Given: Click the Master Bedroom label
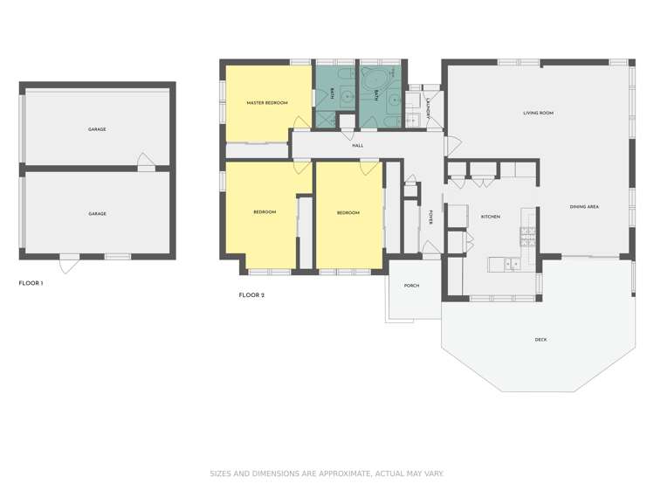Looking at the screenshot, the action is pyautogui.click(x=267, y=102).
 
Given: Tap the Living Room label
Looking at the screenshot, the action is pyautogui.click(x=538, y=113).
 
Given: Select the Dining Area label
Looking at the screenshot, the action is pyautogui.click(x=584, y=206).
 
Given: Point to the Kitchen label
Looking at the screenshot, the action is pyautogui.click(x=491, y=217).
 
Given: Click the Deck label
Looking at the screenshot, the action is pyautogui.click(x=541, y=340).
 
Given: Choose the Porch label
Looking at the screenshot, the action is pyautogui.click(x=411, y=286).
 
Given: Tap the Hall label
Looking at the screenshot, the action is pyautogui.click(x=357, y=146).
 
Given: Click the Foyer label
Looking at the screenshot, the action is pyautogui.click(x=430, y=218).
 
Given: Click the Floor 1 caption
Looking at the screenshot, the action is pyautogui.click(x=31, y=283).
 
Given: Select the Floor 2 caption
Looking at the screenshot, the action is pyautogui.click(x=251, y=295).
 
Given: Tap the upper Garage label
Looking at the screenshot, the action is pyautogui.click(x=97, y=129).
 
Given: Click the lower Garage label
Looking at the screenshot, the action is pyautogui.click(x=97, y=213).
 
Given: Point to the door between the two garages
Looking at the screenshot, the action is pyautogui.click(x=146, y=163).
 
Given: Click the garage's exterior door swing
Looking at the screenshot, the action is pyautogui.click(x=69, y=264).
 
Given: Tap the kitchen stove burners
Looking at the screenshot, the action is pyautogui.click(x=528, y=236).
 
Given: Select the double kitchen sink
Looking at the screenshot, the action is pyautogui.click(x=512, y=264).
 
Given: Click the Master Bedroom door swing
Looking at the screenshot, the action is pyautogui.click(x=301, y=122).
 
